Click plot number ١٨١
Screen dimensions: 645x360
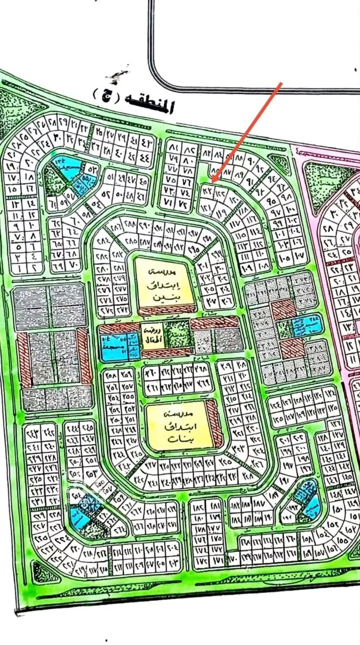(216, 506)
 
